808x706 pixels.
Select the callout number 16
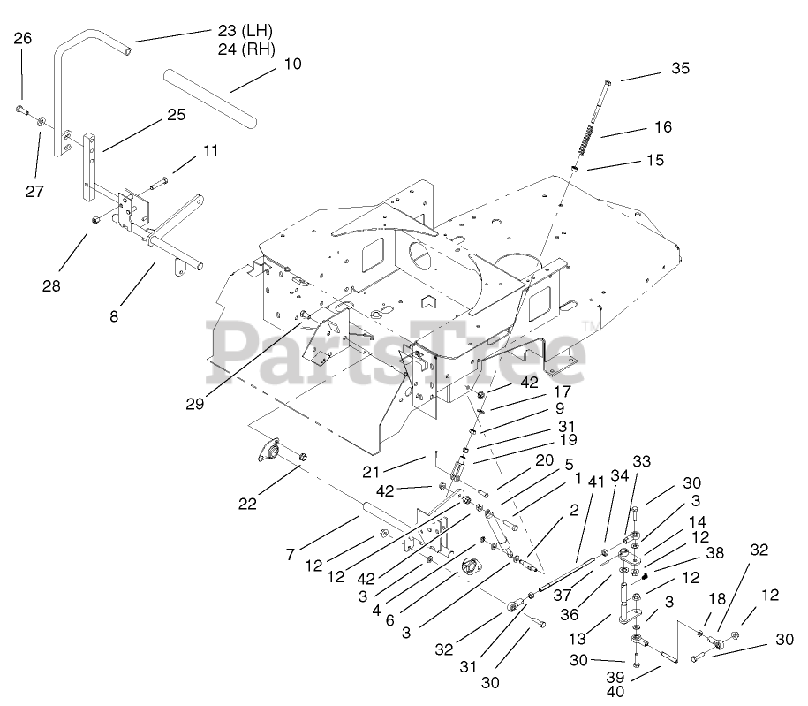(x=662, y=127)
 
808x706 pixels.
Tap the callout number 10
(x=293, y=64)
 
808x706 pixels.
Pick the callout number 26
(x=23, y=38)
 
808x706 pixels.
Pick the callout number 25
(x=177, y=115)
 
